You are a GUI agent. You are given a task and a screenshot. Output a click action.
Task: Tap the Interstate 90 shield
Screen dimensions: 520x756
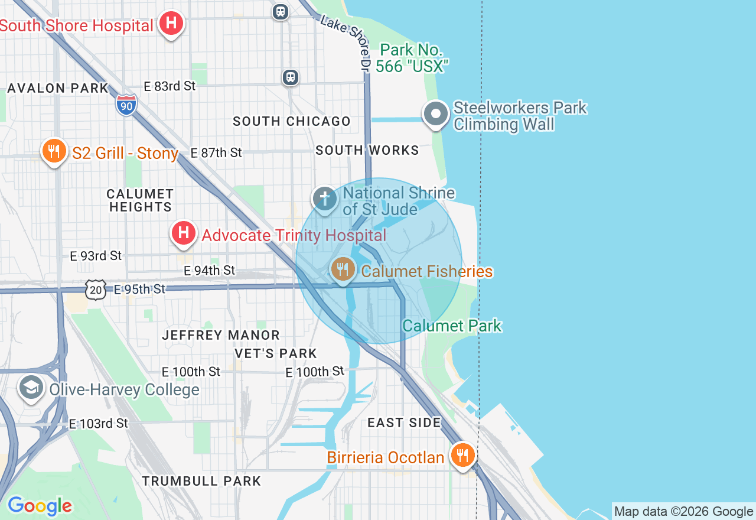click(x=126, y=105)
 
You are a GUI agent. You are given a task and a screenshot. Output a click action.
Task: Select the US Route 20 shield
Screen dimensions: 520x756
click(x=96, y=290)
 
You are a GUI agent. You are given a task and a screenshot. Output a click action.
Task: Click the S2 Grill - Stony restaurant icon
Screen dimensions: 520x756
click(x=54, y=151)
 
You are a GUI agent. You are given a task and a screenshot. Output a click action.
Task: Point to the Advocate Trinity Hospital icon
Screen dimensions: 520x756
click(x=184, y=233)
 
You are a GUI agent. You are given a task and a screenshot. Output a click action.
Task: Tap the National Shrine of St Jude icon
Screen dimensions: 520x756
click(x=324, y=199)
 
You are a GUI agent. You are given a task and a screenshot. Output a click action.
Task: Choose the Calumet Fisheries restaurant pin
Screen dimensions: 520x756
click(x=343, y=269)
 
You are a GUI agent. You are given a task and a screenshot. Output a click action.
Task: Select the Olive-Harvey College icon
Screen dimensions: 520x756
click(x=31, y=387)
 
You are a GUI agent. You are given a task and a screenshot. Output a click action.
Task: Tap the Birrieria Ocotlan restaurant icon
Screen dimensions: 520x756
click(x=462, y=455)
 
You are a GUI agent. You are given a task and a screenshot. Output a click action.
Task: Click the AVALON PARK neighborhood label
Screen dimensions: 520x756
click(x=58, y=89)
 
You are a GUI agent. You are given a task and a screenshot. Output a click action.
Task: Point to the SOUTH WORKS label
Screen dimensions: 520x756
click(x=367, y=151)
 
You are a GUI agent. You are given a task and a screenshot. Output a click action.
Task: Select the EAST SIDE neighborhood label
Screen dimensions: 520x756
click(x=404, y=422)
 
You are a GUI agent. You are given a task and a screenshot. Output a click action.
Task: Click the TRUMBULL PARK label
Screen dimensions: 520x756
click(x=201, y=481)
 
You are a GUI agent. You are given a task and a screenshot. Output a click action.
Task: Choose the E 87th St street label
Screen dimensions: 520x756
click(x=216, y=153)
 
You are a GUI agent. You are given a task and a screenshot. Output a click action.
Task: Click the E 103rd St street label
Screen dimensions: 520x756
click(x=99, y=424)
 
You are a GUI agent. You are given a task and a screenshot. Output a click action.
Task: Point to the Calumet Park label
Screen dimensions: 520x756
click(x=452, y=326)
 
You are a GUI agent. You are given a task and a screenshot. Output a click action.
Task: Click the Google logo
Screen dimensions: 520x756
click(x=40, y=506)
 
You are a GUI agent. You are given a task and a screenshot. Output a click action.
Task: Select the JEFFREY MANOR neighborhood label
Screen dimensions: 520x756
click(x=221, y=335)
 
